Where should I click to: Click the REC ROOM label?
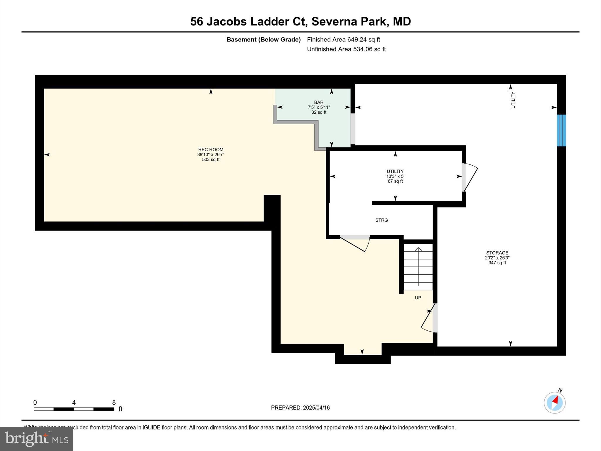[211, 149]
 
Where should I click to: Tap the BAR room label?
[319, 102]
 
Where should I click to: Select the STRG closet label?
[381, 220]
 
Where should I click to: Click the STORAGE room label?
[497, 253]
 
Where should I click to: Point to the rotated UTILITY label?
[513, 100]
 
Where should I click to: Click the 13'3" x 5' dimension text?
[395, 176]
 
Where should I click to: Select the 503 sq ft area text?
[211, 160]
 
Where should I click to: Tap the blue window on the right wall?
[561, 130]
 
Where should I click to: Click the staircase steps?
[418, 267]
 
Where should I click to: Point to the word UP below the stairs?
[418, 298]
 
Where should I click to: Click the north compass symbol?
[554, 403]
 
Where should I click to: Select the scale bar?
[74, 409]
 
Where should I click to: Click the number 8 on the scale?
[114, 403]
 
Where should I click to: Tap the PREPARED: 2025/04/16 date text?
[300, 408]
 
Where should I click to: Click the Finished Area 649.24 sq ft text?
[343, 40]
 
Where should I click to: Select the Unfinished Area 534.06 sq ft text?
[346, 49]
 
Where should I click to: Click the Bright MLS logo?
[37, 439]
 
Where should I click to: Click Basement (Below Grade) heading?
[264, 40]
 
